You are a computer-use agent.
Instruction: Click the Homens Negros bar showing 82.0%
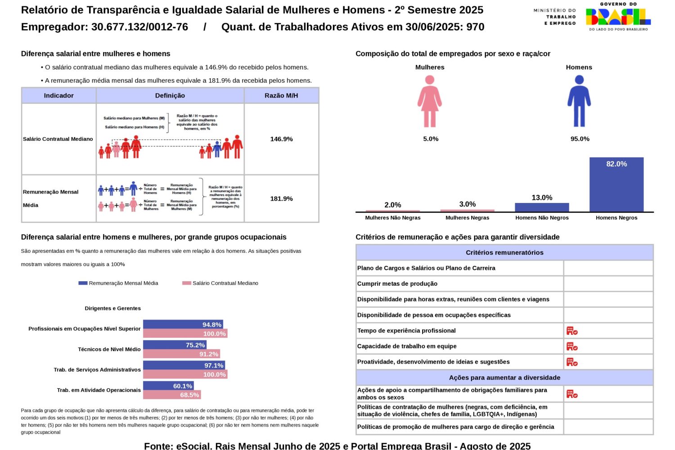coord(616,184)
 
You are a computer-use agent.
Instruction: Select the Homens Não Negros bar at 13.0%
coord(542,207)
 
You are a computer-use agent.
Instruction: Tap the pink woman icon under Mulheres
coord(430,101)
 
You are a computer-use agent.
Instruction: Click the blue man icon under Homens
coord(579,101)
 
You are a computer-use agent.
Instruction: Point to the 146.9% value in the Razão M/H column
coord(281,139)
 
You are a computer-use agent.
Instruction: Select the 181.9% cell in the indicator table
coord(281,198)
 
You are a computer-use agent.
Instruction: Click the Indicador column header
coord(58,95)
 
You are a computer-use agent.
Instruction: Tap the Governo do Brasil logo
coord(618,17)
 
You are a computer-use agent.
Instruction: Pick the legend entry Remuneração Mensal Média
coord(119,283)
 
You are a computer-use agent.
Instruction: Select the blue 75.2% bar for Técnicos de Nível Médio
coord(175,345)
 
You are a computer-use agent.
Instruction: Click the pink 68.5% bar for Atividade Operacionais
coord(172,395)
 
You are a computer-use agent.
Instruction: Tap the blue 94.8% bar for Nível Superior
coord(183,324)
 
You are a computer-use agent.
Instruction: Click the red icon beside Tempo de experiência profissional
coord(571,331)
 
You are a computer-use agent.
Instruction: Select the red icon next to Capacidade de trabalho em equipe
coord(571,346)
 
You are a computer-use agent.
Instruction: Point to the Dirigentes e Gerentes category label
coord(112,308)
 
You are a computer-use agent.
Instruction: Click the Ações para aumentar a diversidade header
coord(504,378)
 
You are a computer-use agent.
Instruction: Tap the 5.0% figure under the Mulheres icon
coord(431,139)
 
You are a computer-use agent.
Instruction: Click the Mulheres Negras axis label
coord(467,218)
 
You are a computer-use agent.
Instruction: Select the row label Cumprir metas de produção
coord(397,283)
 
